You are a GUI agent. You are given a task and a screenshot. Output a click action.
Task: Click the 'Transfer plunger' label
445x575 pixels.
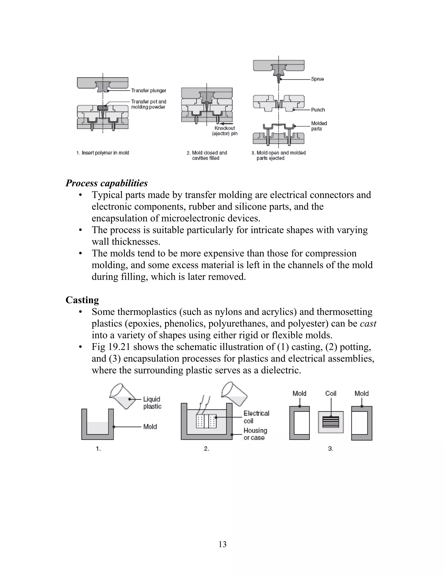(x=149, y=90)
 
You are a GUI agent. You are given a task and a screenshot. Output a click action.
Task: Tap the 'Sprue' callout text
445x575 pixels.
(x=317, y=79)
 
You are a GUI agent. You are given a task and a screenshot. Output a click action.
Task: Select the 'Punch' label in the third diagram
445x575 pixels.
(x=318, y=110)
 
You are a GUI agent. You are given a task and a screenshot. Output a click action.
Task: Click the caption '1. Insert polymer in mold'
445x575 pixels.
(x=103, y=153)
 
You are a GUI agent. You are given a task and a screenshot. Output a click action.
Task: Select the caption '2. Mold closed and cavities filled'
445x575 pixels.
(x=207, y=155)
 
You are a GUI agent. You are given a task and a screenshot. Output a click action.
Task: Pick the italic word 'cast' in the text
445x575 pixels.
(x=368, y=323)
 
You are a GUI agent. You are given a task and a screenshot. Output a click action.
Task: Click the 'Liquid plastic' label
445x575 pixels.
(x=152, y=402)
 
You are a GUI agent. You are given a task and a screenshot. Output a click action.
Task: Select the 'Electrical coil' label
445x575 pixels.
(x=256, y=417)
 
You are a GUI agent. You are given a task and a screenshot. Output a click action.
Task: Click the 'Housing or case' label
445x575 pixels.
(x=255, y=434)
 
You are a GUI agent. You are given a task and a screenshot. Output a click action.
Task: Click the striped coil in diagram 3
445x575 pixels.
(x=331, y=422)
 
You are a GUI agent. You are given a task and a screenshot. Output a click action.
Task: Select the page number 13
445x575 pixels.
(x=222, y=544)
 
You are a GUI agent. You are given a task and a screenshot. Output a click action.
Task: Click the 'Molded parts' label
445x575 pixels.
(x=319, y=126)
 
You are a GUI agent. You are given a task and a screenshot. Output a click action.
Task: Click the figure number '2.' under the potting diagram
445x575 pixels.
(x=206, y=449)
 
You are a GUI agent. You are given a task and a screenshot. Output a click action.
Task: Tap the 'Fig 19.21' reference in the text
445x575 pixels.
(x=111, y=347)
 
